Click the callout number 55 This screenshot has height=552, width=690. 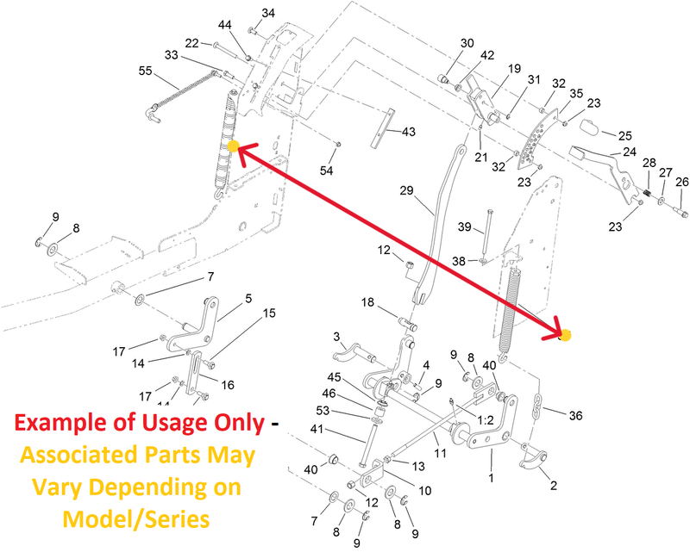pyautogui.click(x=145, y=71)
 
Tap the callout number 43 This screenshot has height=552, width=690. pyautogui.click(x=408, y=132)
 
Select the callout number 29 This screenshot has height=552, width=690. pyautogui.click(x=406, y=190)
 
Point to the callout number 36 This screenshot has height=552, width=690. pyautogui.click(x=575, y=415)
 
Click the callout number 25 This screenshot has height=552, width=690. pyautogui.click(x=624, y=136)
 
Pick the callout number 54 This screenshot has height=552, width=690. pyautogui.click(x=327, y=171)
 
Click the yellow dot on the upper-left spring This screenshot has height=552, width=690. pyautogui.click(x=233, y=146)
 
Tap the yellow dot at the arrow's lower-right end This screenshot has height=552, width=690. pyautogui.click(x=566, y=335)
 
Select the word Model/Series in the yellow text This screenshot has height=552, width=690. pyautogui.click(x=136, y=519)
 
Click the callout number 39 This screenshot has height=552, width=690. pyautogui.click(x=465, y=226)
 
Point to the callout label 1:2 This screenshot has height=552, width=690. pyautogui.click(x=486, y=420)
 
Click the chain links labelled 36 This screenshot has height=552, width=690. pyautogui.click(x=536, y=406)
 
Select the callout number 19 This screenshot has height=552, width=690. pyautogui.click(x=514, y=69)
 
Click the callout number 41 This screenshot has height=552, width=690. pyautogui.click(x=317, y=429)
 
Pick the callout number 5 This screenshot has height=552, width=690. pyautogui.click(x=248, y=299)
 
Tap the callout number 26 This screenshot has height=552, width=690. pyautogui.click(x=682, y=182)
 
